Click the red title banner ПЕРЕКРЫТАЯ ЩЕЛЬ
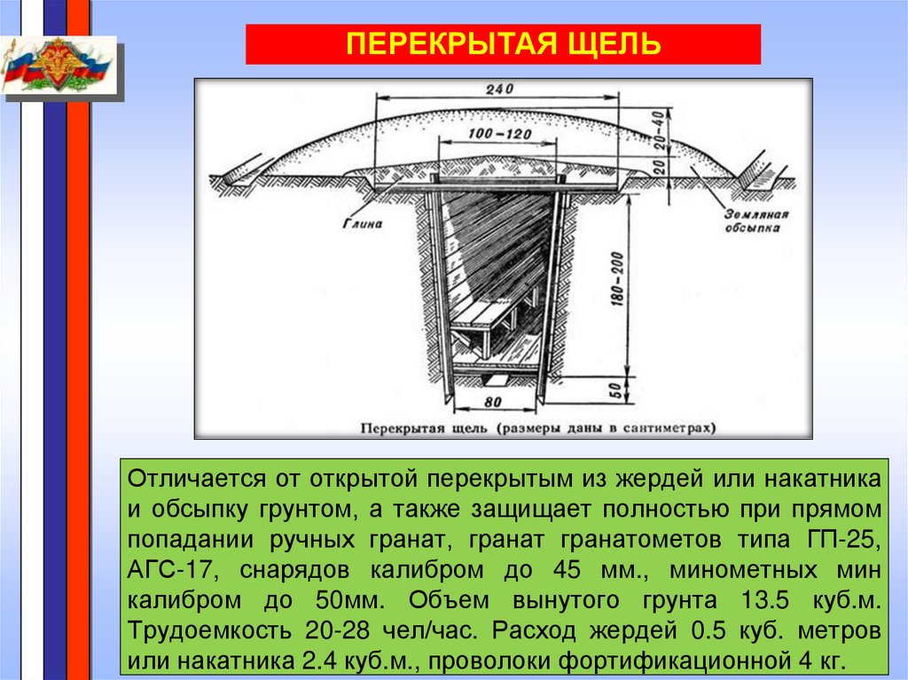502,44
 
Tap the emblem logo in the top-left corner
59,66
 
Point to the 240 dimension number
501,90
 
